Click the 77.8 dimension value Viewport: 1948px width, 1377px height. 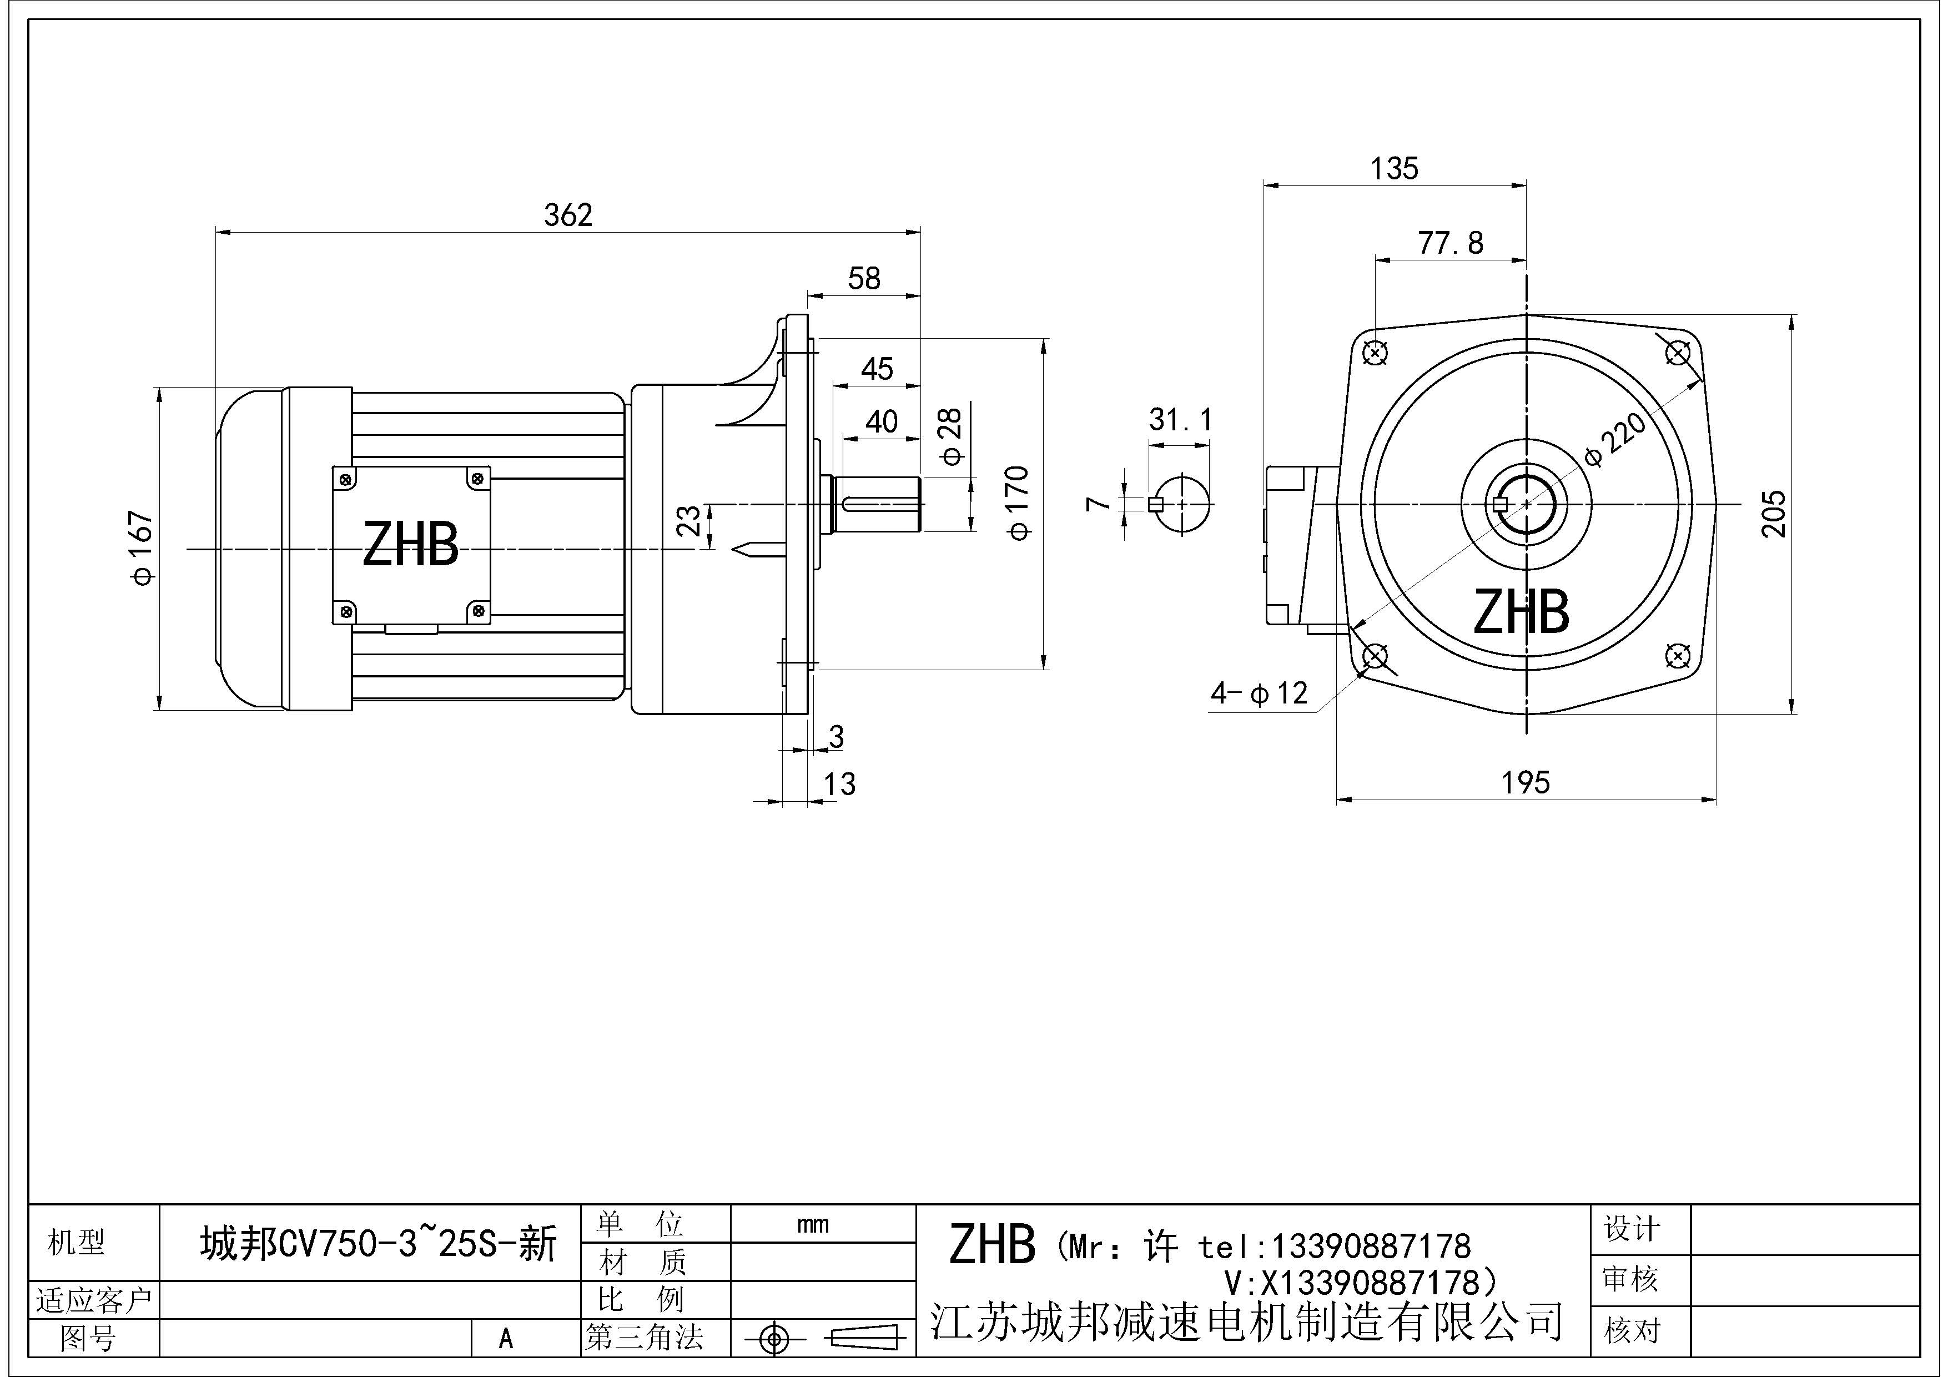point(1451,244)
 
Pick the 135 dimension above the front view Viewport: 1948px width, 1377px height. point(1394,169)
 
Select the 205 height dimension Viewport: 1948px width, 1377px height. point(1773,513)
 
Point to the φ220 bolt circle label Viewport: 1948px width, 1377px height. point(1615,440)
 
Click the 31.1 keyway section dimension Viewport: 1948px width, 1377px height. point(1180,419)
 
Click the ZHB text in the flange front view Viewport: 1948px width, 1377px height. point(1521,612)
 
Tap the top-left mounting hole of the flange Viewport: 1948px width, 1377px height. point(1375,352)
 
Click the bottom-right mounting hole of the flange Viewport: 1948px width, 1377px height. point(1677,655)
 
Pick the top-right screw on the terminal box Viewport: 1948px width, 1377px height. point(477,479)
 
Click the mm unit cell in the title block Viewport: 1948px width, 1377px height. point(813,1224)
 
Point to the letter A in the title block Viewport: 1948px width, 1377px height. point(506,1339)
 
